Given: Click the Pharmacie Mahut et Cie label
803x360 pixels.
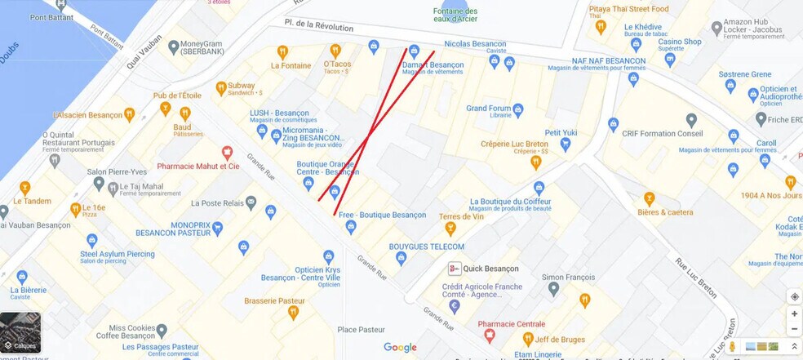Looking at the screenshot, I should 198,166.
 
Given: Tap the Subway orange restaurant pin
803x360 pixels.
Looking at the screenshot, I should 220,88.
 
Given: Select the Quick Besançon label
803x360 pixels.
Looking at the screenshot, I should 490,269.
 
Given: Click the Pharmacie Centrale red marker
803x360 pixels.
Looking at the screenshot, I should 490,335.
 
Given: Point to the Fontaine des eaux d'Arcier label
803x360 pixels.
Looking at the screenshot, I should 455,16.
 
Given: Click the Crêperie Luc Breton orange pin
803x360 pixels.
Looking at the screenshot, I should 536,162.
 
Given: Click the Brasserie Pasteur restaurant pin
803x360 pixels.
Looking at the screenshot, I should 293,313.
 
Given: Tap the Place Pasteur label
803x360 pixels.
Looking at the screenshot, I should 361,330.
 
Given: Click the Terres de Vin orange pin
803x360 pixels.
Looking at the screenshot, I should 450,229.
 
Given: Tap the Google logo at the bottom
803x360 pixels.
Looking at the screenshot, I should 400,348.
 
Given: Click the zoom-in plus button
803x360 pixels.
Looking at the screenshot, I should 794,313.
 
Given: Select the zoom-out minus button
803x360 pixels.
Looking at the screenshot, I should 794,328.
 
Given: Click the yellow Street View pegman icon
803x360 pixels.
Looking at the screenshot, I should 732,346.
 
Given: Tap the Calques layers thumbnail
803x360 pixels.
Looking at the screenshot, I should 20,332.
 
